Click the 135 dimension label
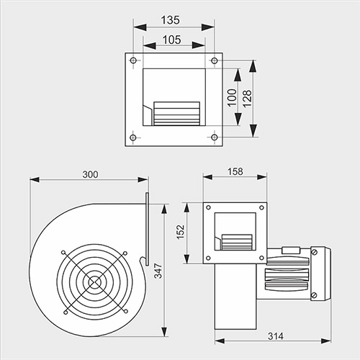pos(170,20)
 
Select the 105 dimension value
pos(172,40)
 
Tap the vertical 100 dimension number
pos(232,98)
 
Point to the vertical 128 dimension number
pos(247,99)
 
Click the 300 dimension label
pos(90,174)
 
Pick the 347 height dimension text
pos(158,271)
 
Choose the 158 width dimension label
pos(235,171)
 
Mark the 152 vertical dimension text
pos(181,232)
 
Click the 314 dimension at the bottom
pos(276,336)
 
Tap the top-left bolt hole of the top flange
pos(133,60)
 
